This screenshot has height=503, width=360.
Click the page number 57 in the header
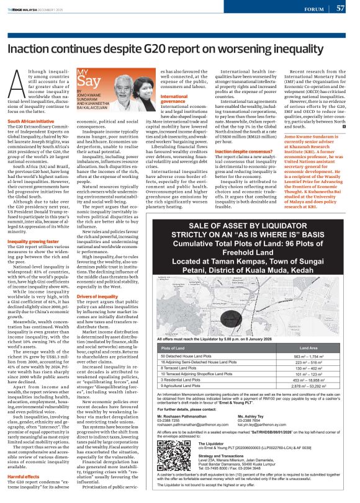click(x=341, y=8)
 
